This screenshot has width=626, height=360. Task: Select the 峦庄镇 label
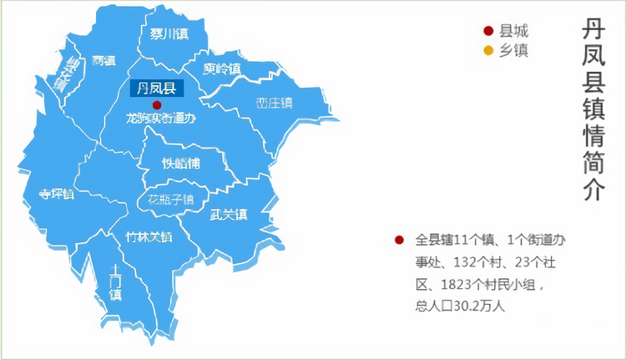click(274, 104)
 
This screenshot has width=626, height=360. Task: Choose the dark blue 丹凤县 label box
click(156, 87)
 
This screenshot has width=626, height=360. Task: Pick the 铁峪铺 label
click(182, 163)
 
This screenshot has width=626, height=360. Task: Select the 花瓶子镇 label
click(170, 200)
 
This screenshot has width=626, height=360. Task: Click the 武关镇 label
click(228, 215)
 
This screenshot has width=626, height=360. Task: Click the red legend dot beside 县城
click(488, 31)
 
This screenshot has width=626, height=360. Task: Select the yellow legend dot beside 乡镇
click(488, 50)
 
